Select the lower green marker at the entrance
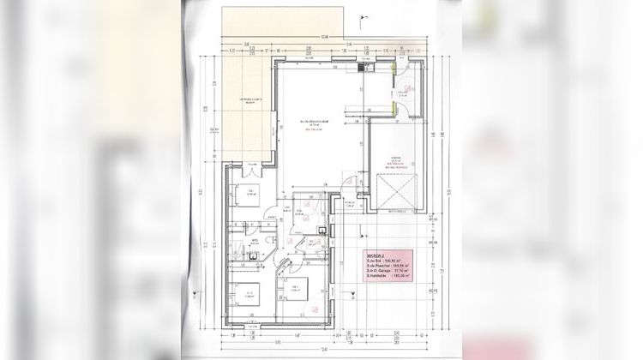tap(394, 106)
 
